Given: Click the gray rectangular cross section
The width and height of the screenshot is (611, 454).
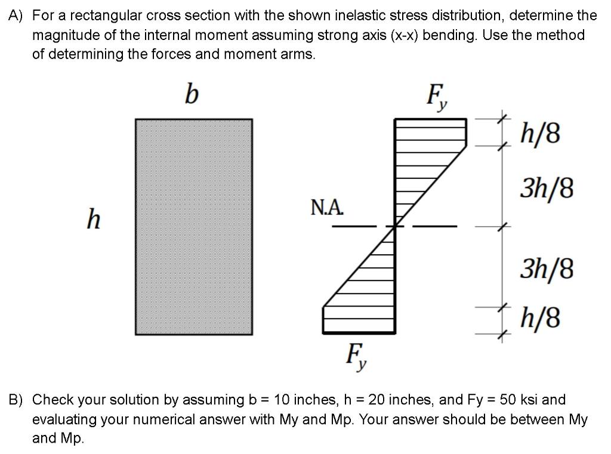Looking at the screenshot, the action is point(193,227).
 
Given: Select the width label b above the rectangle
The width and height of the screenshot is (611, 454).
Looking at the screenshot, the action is point(191,94).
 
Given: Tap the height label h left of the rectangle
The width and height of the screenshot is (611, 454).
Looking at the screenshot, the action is point(93,220).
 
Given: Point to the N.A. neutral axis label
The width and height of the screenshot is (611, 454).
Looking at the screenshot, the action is point(328,208).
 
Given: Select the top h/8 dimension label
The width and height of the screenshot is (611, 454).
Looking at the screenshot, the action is point(541,134).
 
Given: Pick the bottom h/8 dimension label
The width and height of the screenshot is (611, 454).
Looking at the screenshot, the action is point(541,318).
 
